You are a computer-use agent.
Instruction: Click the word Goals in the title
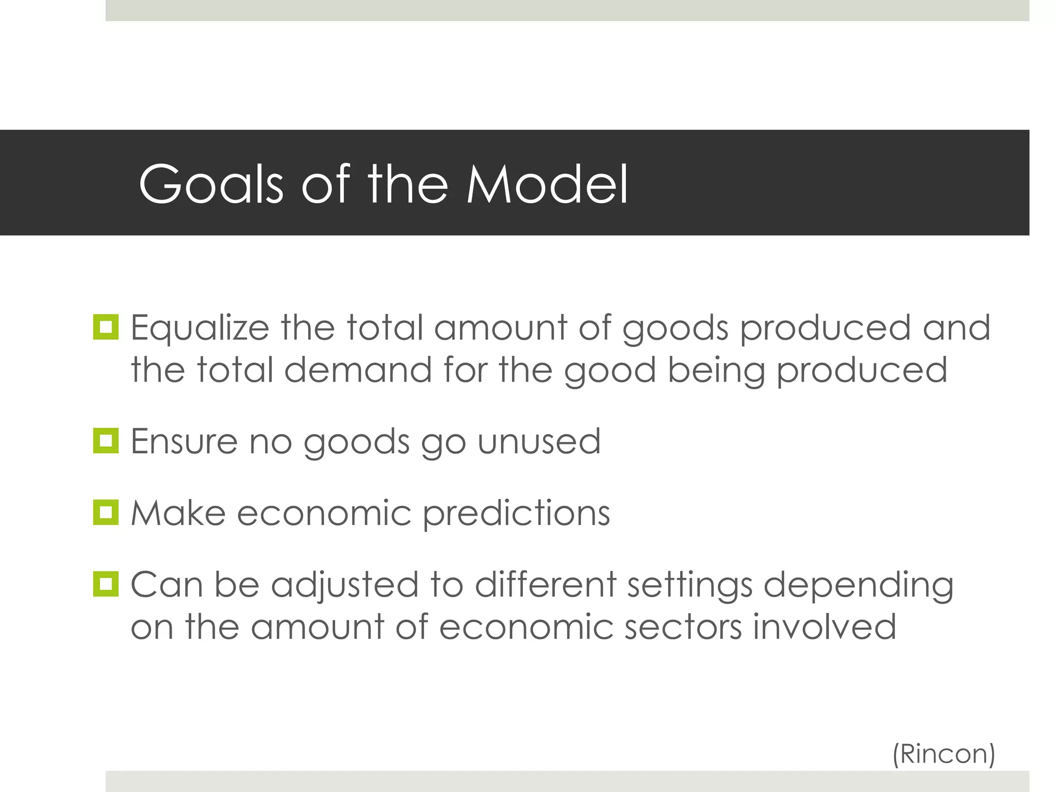(x=211, y=184)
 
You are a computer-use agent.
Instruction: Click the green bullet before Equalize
(x=106, y=327)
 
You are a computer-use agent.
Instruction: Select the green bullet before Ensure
(x=106, y=441)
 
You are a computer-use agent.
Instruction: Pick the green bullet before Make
(x=106, y=513)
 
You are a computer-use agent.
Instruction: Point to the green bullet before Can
(x=106, y=584)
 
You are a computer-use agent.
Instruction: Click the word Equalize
(x=200, y=328)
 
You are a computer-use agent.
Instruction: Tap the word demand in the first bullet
(x=357, y=370)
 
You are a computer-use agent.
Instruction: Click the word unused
(x=539, y=441)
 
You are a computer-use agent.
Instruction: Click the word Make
(x=178, y=513)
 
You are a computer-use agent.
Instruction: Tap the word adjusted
(x=344, y=586)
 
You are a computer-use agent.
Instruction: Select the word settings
(x=689, y=586)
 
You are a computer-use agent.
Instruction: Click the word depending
(x=858, y=586)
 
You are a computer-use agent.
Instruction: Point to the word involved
(x=824, y=627)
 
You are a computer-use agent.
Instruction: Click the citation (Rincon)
(x=943, y=754)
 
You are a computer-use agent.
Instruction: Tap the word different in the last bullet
(x=545, y=585)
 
